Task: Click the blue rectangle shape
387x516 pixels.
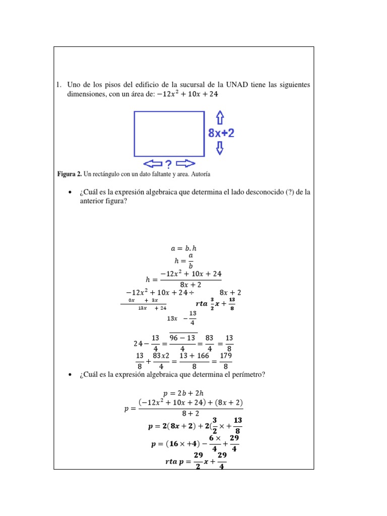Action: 169,134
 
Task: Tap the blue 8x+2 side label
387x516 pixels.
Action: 221,134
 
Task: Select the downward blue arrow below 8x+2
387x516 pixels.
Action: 220,148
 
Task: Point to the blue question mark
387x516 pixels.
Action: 168,164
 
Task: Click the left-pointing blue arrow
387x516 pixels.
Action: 153,164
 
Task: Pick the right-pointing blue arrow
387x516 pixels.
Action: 185,164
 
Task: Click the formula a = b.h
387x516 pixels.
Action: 183,248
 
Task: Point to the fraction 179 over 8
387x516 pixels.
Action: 226,361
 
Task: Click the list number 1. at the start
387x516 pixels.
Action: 58,84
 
